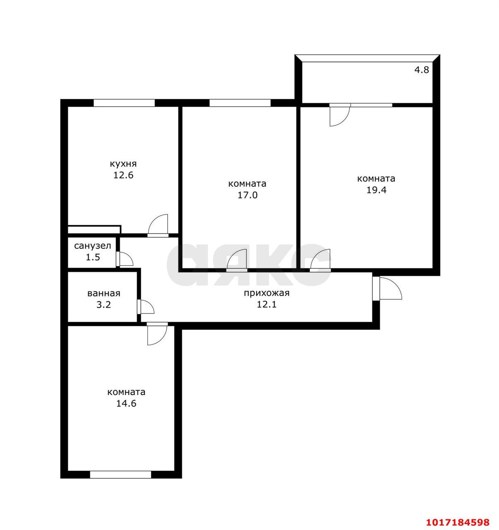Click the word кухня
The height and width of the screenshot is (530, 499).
coord(123,164)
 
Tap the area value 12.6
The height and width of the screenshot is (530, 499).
coord(123,175)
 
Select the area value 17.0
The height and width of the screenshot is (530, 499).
coord(248,195)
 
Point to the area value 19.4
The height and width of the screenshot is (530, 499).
coord(376,190)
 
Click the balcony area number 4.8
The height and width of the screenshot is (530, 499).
coord(422,70)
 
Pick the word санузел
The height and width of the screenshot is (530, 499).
coord(92,246)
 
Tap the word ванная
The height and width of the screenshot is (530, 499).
coord(104,293)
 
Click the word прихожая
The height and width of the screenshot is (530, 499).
coord(266,293)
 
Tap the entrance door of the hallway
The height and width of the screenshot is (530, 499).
coord(387,289)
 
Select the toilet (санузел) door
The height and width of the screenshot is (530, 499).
coord(124,259)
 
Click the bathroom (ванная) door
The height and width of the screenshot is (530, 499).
coord(145,307)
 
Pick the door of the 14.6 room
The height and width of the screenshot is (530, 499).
coord(157,334)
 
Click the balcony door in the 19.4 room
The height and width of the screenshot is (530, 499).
coord(340,114)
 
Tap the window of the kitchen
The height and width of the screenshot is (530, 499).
coord(124,103)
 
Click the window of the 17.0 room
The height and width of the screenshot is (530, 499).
coord(240,103)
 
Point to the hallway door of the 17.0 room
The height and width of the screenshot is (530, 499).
coord(236,260)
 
